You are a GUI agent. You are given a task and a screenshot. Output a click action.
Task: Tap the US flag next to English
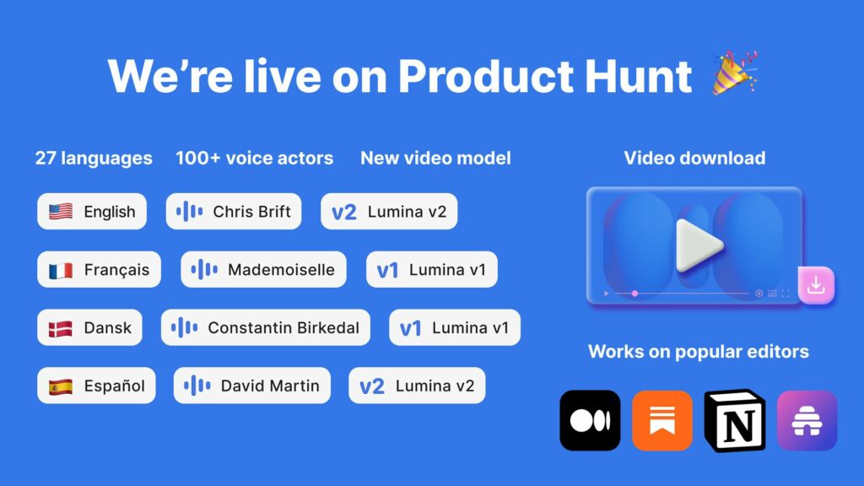(x=61, y=212)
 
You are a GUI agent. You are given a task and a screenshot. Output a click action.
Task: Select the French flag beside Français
(x=61, y=270)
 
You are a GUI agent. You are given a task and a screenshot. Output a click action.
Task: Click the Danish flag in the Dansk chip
(x=61, y=327)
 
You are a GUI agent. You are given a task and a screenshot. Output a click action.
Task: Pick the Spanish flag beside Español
(x=61, y=386)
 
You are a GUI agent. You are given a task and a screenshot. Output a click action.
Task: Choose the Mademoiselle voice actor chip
(x=263, y=270)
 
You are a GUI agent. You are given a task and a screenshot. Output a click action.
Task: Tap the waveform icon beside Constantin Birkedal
(x=185, y=328)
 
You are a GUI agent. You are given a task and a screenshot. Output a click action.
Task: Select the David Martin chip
(x=251, y=386)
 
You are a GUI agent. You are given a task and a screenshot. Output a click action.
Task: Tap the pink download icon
(x=815, y=286)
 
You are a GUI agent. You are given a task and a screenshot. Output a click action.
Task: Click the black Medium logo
(x=590, y=420)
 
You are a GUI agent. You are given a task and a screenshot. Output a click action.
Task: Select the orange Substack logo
(x=662, y=420)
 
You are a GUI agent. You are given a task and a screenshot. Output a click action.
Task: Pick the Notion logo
(x=735, y=420)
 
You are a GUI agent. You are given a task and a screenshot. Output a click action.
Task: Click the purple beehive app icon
(x=807, y=420)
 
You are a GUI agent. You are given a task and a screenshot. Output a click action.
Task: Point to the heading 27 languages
(x=94, y=158)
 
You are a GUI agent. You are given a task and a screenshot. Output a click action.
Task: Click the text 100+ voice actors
(x=254, y=158)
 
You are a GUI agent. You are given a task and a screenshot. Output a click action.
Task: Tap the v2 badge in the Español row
(x=371, y=386)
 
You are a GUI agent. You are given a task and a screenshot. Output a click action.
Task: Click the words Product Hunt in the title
(x=545, y=76)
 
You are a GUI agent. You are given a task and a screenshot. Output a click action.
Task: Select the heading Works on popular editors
(x=698, y=351)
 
